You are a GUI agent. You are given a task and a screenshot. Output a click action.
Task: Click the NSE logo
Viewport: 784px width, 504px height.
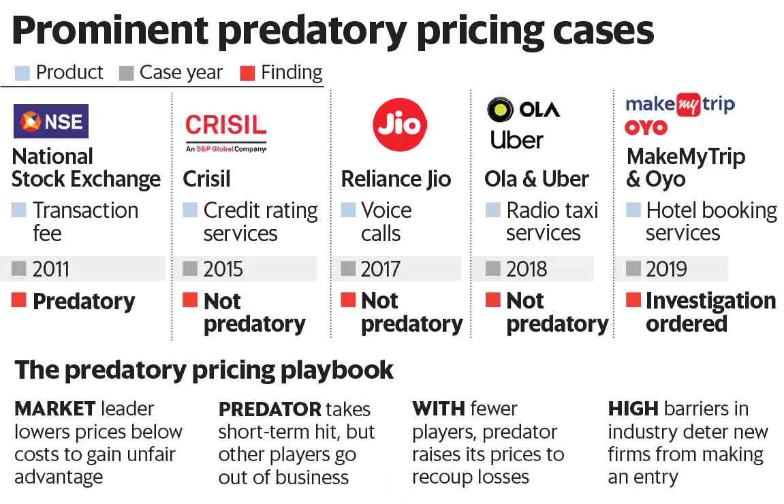[x=51, y=121]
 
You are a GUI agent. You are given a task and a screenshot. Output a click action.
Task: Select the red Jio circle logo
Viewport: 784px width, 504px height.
[x=400, y=125]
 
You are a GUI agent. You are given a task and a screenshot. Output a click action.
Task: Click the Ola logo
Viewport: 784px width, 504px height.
[x=523, y=110]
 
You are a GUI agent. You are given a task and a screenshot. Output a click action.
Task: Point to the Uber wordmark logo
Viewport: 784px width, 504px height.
[x=516, y=140]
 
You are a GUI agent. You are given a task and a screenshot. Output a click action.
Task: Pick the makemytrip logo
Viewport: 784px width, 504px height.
[x=680, y=104]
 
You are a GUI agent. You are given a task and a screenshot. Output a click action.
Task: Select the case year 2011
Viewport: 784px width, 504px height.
[x=51, y=269]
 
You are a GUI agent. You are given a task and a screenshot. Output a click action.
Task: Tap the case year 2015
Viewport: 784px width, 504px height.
[x=223, y=269]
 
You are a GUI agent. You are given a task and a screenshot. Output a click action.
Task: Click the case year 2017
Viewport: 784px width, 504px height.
[x=380, y=269]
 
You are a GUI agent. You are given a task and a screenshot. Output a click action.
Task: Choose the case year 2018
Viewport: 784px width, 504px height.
[x=526, y=269]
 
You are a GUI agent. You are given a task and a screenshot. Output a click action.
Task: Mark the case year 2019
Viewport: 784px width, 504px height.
[x=666, y=269]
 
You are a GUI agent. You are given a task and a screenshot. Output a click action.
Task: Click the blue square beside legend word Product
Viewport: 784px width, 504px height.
[x=22, y=73]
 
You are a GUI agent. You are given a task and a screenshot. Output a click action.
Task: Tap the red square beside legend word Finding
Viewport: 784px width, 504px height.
[x=247, y=73]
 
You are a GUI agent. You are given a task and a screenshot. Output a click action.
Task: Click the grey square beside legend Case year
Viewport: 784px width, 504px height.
[x=126, y=73]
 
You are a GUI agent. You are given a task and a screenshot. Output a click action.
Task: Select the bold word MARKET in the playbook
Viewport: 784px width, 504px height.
[x=54, y=409]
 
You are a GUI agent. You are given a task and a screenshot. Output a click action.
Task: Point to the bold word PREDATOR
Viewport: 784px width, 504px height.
[x=270, y=409]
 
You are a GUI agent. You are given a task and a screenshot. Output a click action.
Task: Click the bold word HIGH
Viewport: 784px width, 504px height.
[x=633, y=409]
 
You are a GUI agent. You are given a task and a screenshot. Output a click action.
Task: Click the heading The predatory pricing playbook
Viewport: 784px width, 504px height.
[x=204, y=370]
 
